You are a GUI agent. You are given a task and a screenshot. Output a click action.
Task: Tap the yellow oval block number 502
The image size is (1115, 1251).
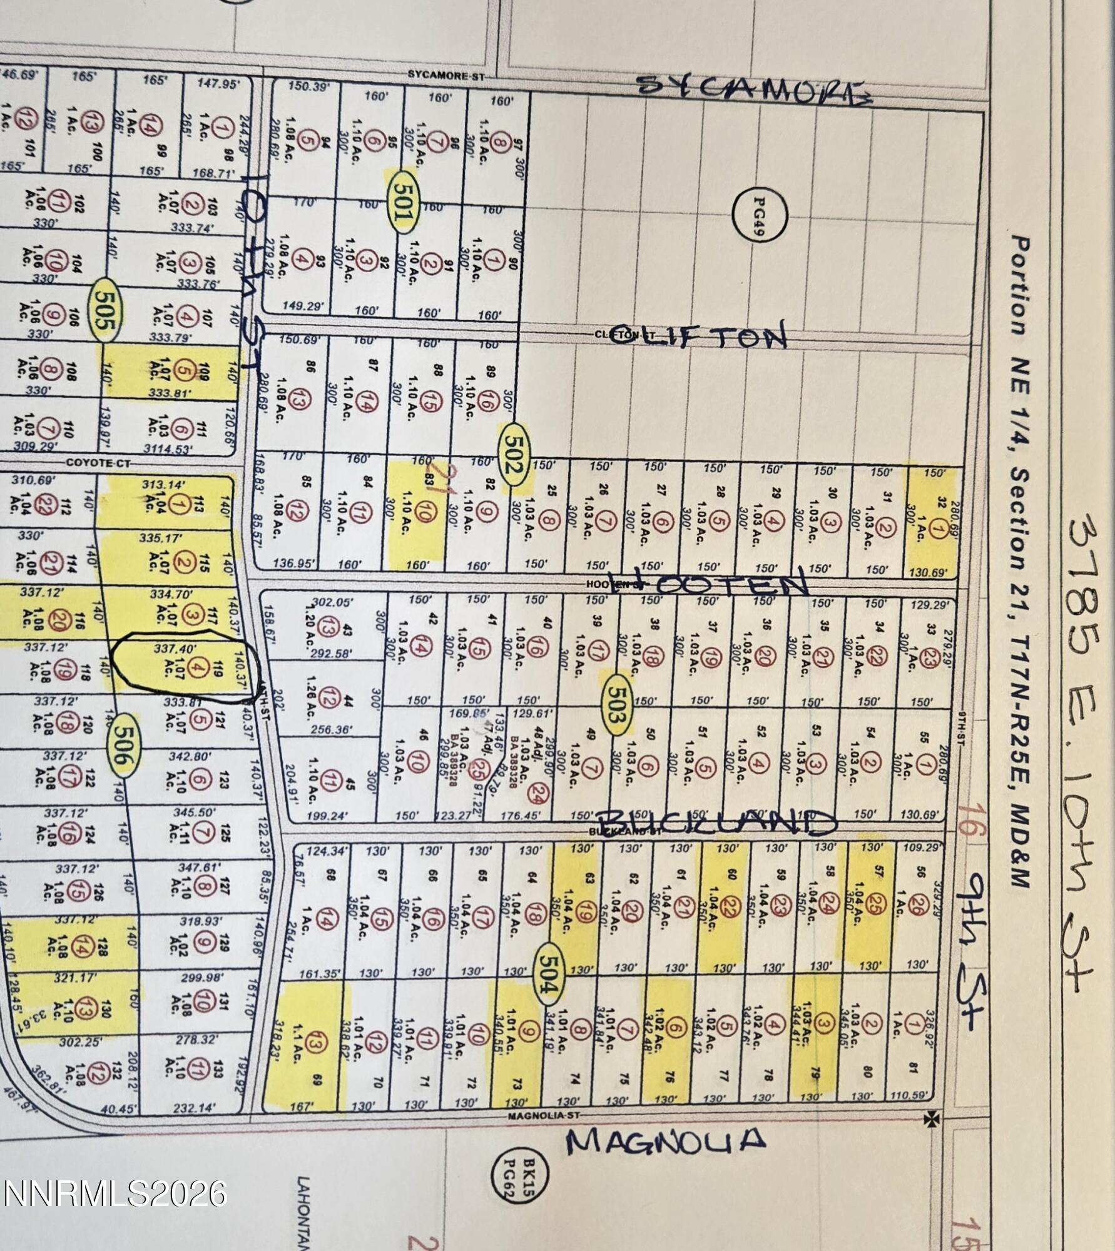click(514, 455)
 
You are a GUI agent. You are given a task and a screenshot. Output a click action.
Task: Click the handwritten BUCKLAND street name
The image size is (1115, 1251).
click(716, 823)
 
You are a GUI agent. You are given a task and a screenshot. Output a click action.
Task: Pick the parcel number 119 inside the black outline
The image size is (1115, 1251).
click(218, 668)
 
